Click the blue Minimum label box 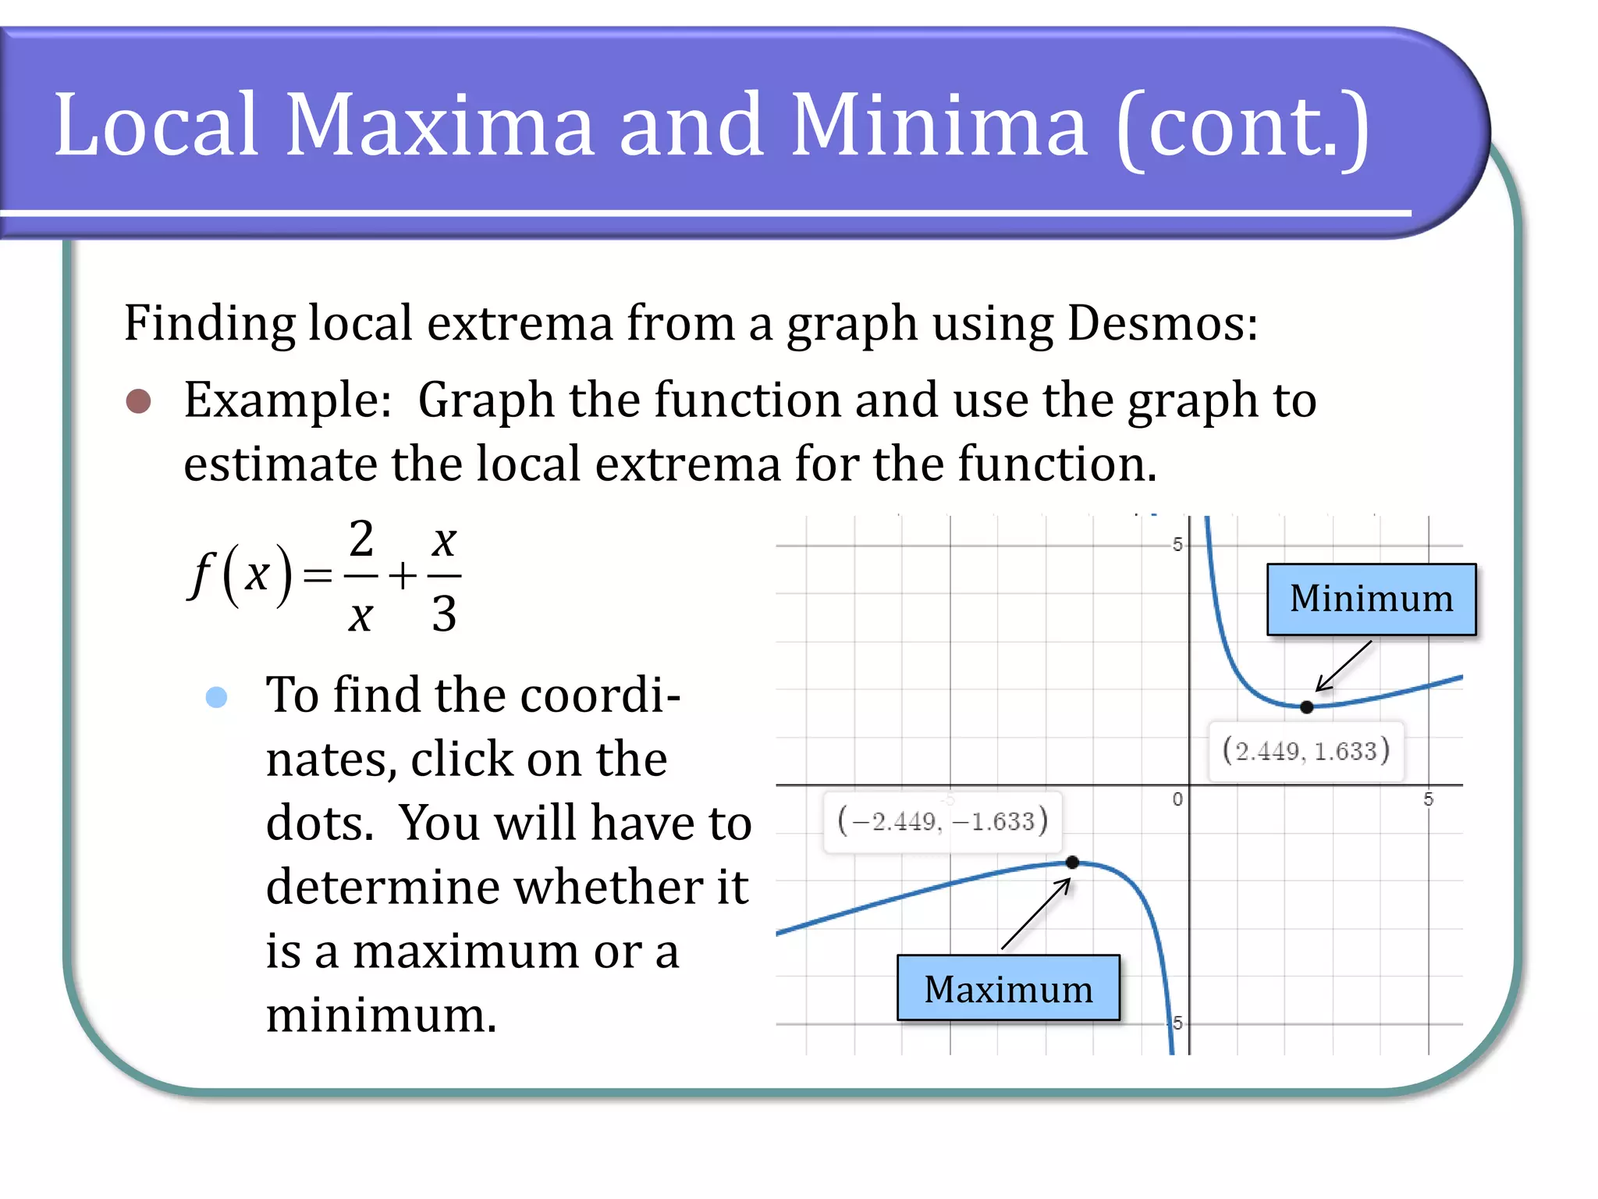pyautogui.click(x=1371, y=599)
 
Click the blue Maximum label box pyautogui.click(x=1008, y=988)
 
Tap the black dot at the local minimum pyautogui.click(x=1307, y=707)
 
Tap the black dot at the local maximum pyautogui.click(x=1072, y=863)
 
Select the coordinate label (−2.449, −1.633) pyautogui.click(x=942, y=822)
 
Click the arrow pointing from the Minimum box pyautogui.click(x=1344, y=666)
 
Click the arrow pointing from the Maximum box pyautogui.click(x=1036, y=913)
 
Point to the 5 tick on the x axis pyautogui.click(x=1428, y=799)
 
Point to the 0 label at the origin pyautogui.click(x=1177, y=799)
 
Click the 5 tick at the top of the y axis pyautogui.click(x=1177, y=544)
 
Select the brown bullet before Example pyautogui.click(x=139, y=401)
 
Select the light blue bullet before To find pyautogui.click(x=216, y=696)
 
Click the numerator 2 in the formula pyautogui.click(x=361, y=539)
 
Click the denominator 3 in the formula pyautogui.click(x=444, y=614)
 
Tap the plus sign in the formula pyautogui.click(x=403, y=577)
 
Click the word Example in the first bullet pyautogui.click(x=287, y=400)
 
